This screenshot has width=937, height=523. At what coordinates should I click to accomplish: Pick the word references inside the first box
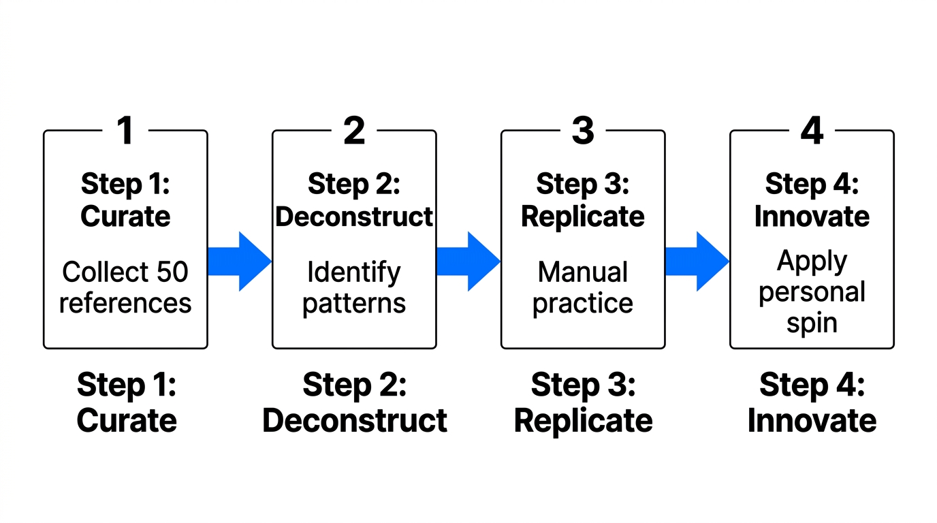(125, 303)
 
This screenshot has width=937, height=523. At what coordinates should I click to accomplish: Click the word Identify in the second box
(354, 272)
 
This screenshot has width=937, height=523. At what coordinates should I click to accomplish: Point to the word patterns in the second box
(354, 303)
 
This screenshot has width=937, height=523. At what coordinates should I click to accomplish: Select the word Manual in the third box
(583, 272)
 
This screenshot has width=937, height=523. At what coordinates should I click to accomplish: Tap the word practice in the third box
(583, 303)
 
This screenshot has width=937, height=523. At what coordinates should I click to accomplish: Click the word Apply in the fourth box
(812, 261)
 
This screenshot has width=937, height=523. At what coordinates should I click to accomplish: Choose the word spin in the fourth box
(812, 323)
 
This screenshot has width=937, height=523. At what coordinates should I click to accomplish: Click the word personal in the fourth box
(812, 292)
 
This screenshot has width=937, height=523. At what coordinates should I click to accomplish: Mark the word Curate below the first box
(127, 420)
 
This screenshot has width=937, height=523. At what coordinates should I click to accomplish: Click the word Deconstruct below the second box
(355, 420)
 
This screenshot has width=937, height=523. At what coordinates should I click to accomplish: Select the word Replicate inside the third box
(583, 216)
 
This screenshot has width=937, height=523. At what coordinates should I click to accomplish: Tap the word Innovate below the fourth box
(812, 420)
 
